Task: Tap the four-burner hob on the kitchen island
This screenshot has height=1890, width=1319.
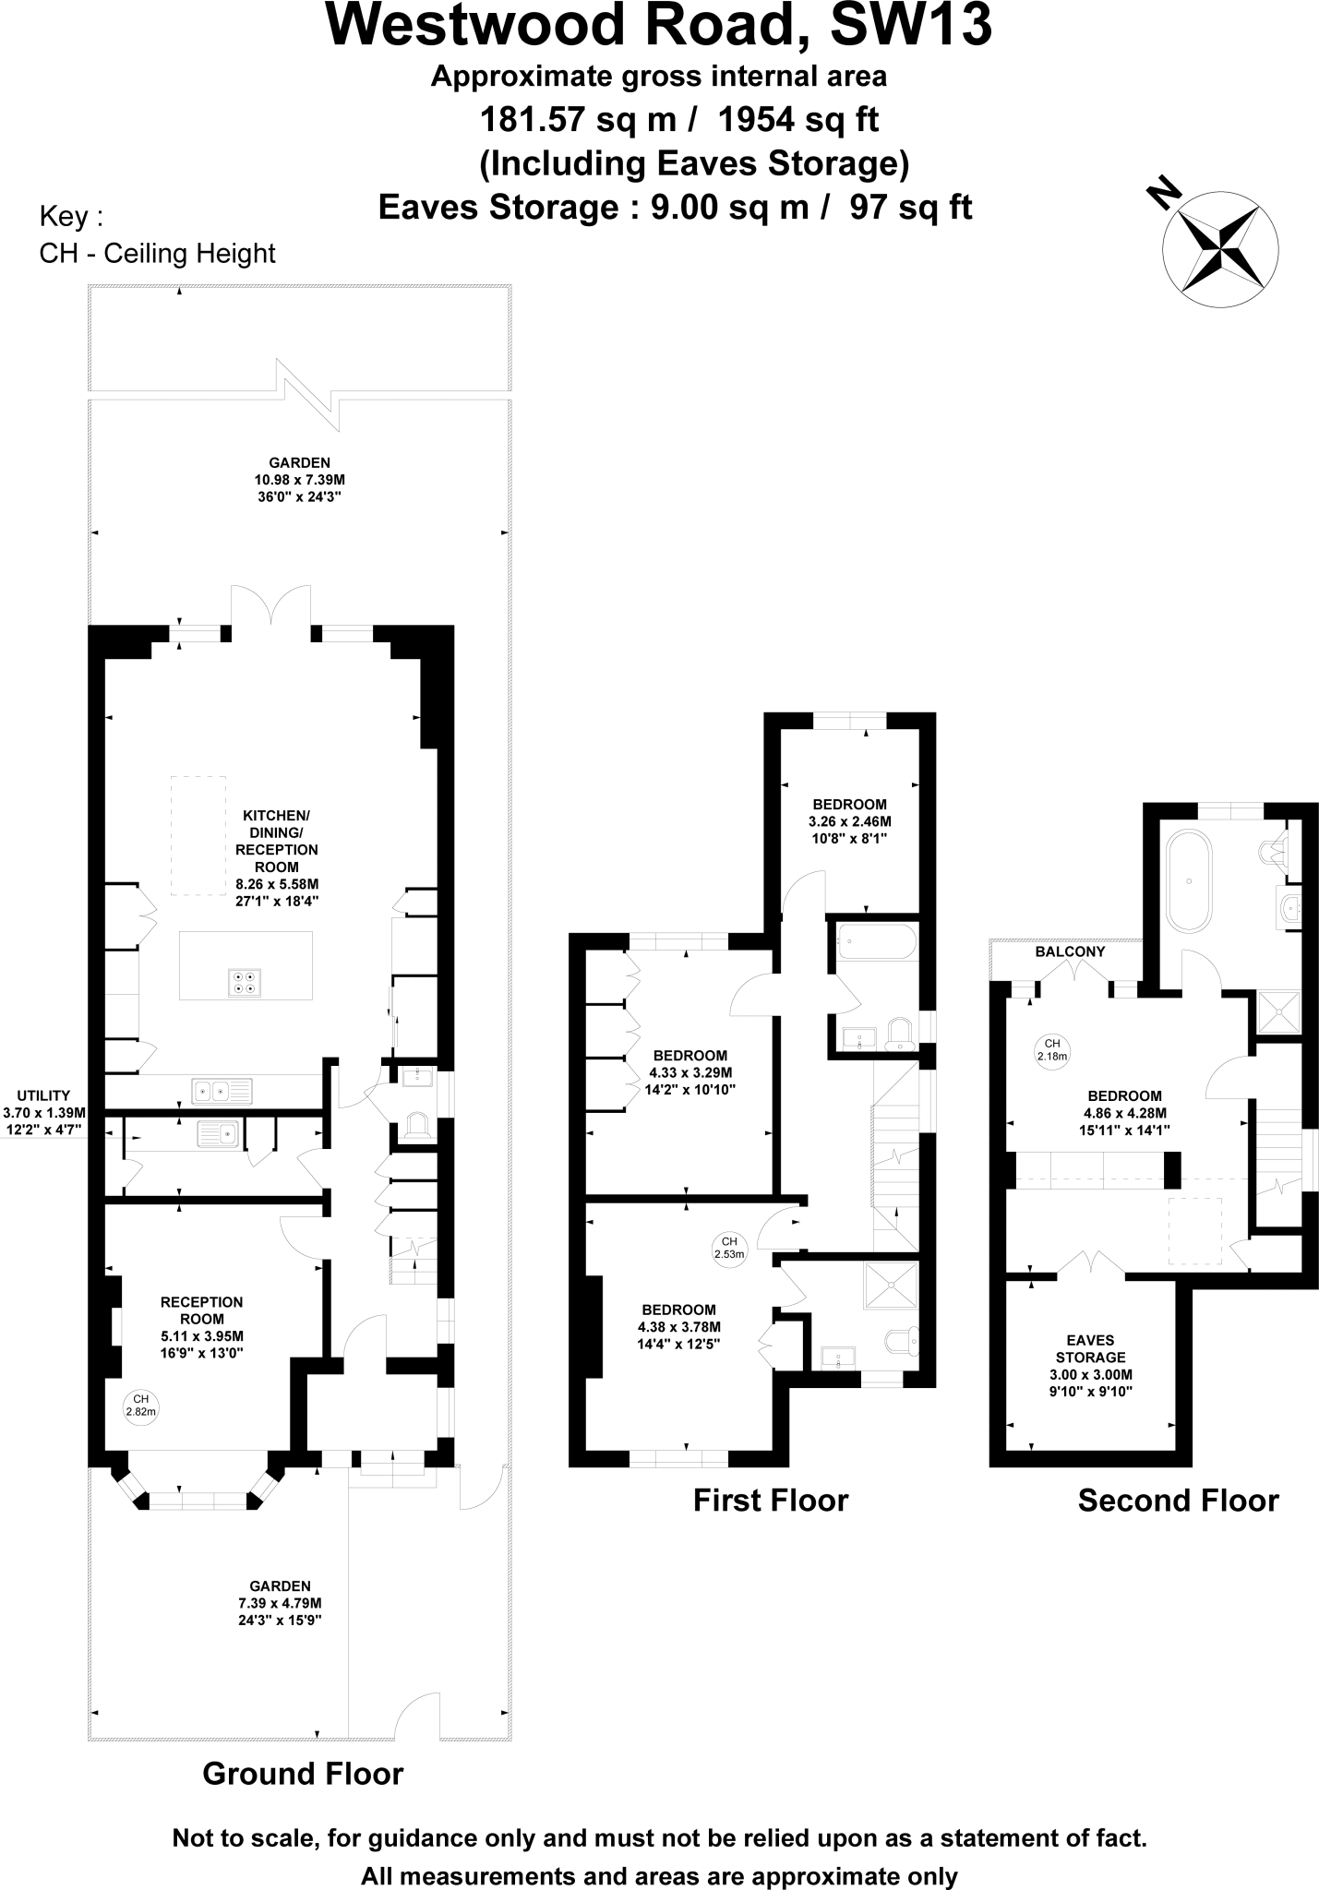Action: tap(245, 983)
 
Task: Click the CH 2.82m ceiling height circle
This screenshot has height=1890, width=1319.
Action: tap(140, 1404)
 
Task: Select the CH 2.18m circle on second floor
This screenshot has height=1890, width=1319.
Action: tap(1051, 1050)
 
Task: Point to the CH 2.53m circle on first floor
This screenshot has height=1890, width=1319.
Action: tap(728, 1248)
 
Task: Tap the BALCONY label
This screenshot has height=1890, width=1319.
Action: tap(1070, 951)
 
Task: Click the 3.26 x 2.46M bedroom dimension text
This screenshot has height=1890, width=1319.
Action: tap(849, 821)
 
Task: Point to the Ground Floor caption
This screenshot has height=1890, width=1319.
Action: tap(303, 1773)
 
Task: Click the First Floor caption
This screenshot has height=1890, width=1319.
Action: tap(770, 1500)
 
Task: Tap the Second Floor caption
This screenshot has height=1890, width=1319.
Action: tap(1178, 1500)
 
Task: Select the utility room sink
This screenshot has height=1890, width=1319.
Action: tap(217, 1133)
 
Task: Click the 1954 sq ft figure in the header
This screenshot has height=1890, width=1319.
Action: tap(797, 119)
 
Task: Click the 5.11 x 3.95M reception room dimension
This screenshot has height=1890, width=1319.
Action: tap(201, 1335)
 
